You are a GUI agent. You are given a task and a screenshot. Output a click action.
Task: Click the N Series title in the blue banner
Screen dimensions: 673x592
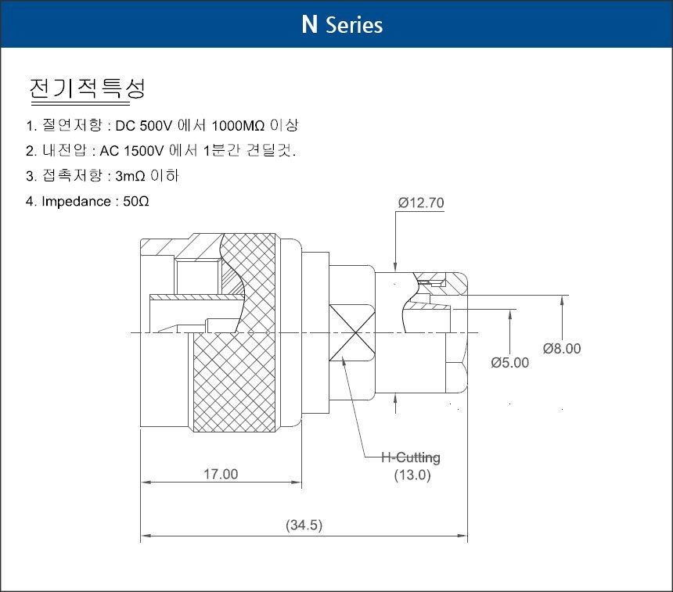pos(342,24)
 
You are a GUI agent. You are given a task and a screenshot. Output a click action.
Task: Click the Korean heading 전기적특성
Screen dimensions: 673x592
pos(87,89)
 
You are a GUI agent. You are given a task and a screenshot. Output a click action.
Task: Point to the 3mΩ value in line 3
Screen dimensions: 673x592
pos(131,176)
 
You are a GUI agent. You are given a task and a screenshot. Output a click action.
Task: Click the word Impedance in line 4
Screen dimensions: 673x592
pos(76,201)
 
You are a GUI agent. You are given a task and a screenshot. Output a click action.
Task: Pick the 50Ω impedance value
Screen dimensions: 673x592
pos(136,201)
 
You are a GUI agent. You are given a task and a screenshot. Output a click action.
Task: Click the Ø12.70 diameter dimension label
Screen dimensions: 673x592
pos(421,203)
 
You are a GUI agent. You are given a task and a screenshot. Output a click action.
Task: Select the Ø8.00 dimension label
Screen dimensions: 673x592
pos(562,348)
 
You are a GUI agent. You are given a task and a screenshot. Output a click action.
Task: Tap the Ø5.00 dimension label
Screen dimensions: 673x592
pos(510,363)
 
